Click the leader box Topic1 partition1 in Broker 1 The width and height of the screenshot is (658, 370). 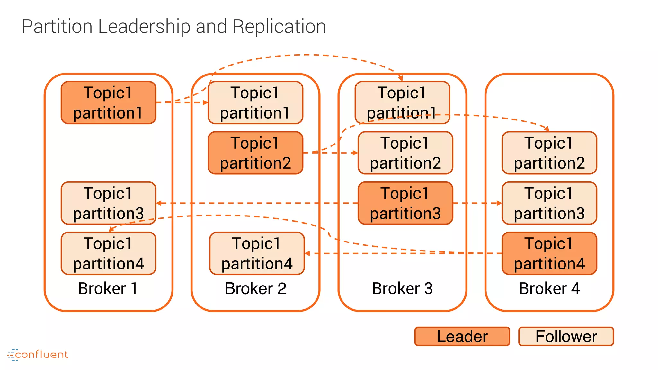[x=108, y=102]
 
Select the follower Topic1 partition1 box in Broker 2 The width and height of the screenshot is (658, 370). [x=255, y=102]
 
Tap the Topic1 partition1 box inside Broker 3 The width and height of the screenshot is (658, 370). [x=402, y=102]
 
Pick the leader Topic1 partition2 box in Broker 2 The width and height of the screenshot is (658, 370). [x=255, y=153]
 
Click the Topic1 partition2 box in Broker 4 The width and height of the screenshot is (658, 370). [x=549, y=153]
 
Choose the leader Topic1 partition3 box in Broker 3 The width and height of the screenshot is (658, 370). [x=405, y=203]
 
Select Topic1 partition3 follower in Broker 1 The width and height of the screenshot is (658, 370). [x=108, y=203]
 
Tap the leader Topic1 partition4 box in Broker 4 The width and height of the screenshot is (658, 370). [x=549, y=253]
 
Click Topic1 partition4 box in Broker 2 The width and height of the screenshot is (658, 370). [x=257, y=253]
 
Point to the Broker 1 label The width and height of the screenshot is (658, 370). [x=108, y=288]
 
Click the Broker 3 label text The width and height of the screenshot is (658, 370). [x=402, y=288]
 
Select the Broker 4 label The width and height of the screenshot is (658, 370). [x=549, y=288]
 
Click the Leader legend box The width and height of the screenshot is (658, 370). [x=462, y=336]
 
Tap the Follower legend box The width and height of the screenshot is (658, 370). [x=566, y=336]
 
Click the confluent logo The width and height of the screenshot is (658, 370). [x=38, y=355]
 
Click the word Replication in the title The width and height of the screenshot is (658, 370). [x=279, y=26]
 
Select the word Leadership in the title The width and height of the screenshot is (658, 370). [x=144, y=26]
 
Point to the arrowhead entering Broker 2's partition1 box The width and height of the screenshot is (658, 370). [x=206, y=103]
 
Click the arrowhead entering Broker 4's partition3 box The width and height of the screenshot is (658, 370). [x=499, y=203]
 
